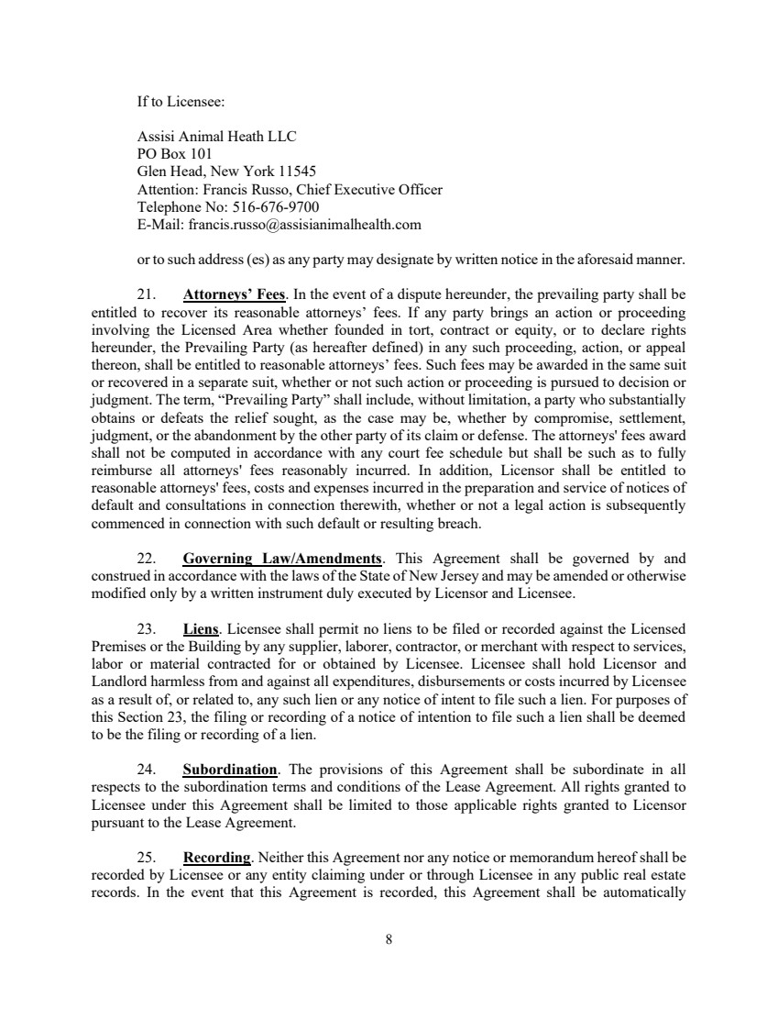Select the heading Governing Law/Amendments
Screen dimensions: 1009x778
(282, 559)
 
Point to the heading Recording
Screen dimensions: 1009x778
(217, 858)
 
